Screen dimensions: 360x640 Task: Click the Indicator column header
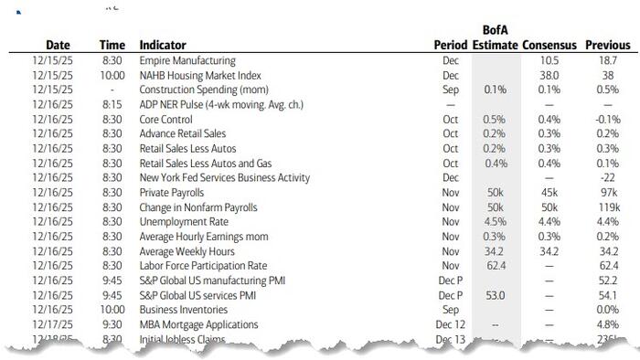(163, 45)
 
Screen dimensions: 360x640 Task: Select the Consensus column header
(549, 45)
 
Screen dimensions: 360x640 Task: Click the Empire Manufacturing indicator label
(187, 60)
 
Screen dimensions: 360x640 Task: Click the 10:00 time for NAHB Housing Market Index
(112, 75)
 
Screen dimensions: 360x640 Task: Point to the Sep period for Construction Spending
(450, 90)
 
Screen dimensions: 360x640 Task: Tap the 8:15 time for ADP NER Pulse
(112, 104)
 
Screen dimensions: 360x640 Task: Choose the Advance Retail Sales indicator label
(183, 133)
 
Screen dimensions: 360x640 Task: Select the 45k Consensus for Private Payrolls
(549, 193)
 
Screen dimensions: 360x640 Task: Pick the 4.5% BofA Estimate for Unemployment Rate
(495, 222)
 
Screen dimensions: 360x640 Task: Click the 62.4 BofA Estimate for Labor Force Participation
(495, 266)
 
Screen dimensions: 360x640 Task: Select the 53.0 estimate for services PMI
(495, 295)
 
